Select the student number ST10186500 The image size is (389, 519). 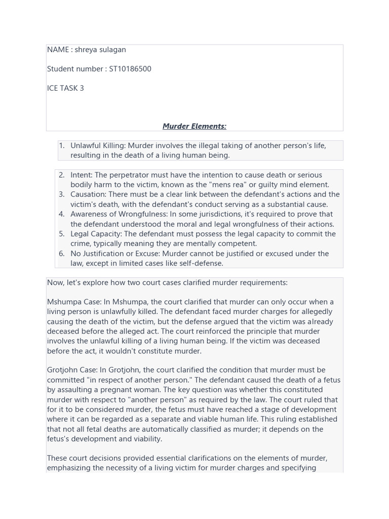pos(130,69)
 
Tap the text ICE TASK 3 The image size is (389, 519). pos(65,88)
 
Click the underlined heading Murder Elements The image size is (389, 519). pos(194,126)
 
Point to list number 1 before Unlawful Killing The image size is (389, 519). pos(62,146)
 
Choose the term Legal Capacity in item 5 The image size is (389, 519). pos(96,234)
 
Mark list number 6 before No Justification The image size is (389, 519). pos(62,254)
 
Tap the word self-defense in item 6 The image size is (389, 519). pos(201,264)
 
